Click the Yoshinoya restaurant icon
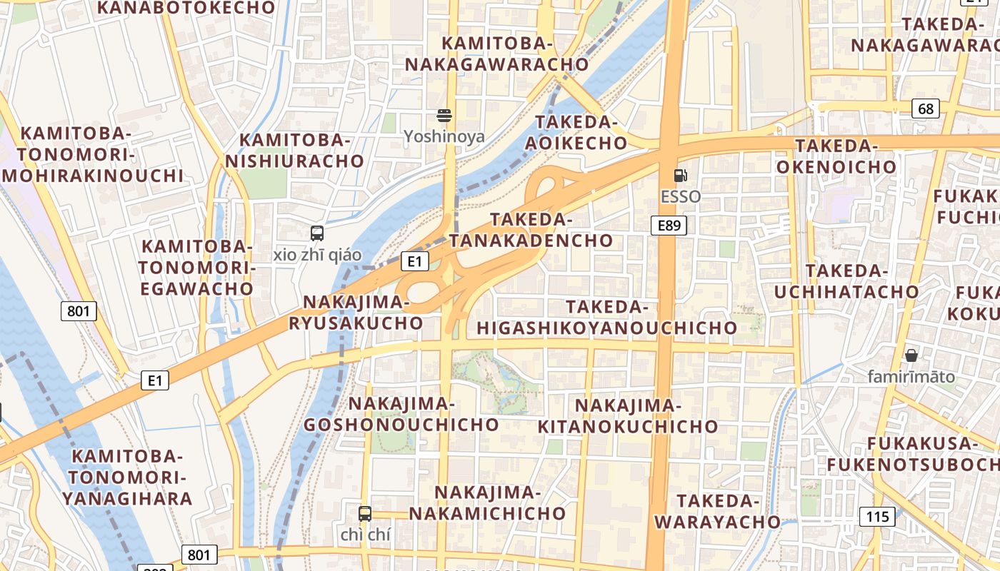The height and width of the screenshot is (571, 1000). point(444,116)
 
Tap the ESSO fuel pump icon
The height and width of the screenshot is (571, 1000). point(681,176)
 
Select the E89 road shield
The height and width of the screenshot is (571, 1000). point(669,226)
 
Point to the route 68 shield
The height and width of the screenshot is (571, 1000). point(926,108)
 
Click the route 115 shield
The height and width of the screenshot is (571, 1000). point(878,517)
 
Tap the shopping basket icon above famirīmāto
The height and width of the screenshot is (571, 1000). point(911,355)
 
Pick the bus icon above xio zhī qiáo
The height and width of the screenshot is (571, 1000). point(316,233)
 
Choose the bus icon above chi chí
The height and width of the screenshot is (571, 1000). point(364,513)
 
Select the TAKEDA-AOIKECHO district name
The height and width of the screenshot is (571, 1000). point(576,132)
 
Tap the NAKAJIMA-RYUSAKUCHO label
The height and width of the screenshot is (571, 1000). point(356,313)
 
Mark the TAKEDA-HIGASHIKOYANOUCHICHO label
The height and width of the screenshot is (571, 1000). point(607,318)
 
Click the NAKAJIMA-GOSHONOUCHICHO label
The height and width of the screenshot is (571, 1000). point(401,414)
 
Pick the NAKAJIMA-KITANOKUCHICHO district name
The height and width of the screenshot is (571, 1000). point(627,416)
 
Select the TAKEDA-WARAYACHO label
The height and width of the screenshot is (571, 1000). point(717,511)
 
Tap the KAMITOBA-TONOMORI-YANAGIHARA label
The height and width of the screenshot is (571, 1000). point(128,477)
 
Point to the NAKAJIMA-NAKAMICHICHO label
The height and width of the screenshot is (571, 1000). point(487,502)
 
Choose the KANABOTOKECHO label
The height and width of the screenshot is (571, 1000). point(186,8)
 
